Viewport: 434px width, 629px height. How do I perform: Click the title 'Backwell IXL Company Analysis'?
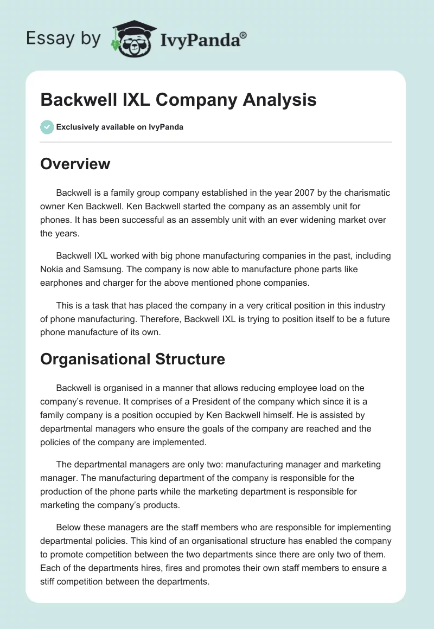(178, 100)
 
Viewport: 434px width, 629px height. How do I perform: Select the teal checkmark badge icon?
(47, 127)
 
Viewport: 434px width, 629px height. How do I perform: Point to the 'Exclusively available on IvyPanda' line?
(120, 127)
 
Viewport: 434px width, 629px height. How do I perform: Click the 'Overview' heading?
(75, 164)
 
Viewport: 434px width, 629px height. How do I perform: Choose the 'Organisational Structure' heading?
(132, 358)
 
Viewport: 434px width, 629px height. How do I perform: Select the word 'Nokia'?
(53, 269)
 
